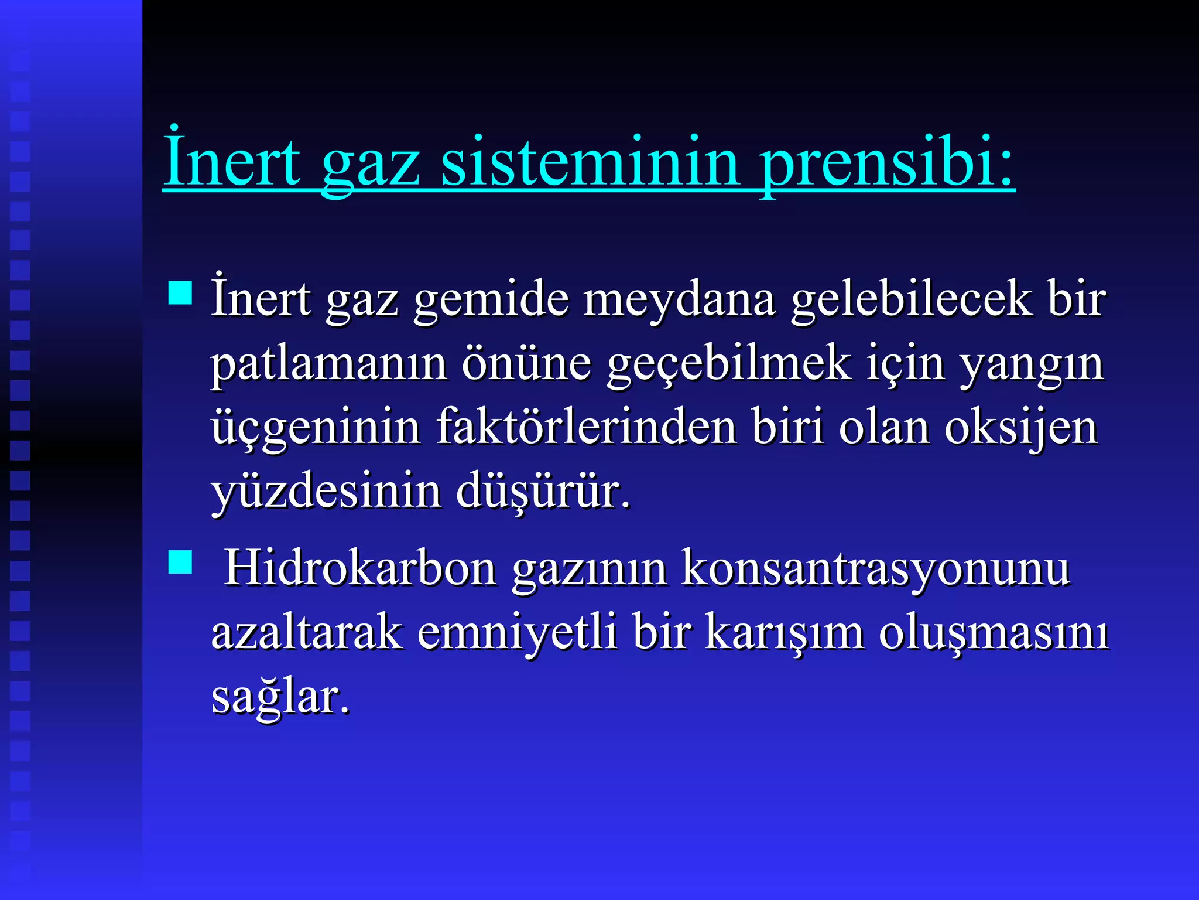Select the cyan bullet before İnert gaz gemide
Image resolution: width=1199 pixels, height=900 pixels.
pos(180,293)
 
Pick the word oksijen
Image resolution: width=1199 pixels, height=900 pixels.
pos(1021,428)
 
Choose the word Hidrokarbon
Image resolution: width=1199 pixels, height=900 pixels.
pos(361,568)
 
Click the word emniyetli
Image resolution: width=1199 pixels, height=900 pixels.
pos(518,633)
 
